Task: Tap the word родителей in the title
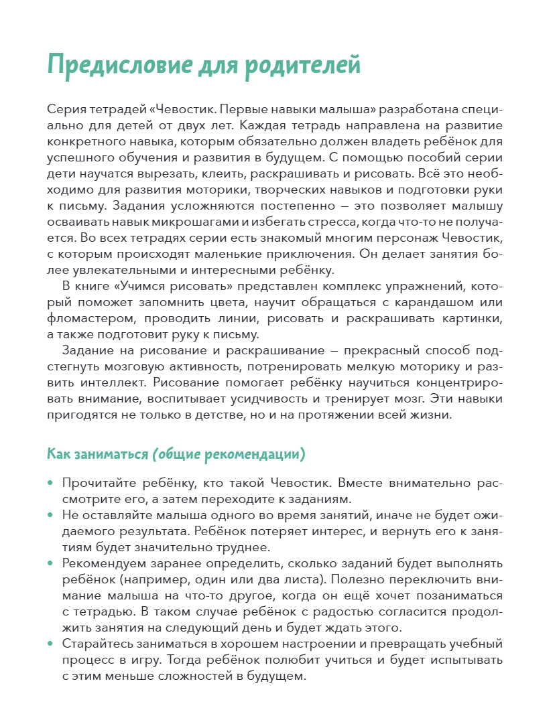pyautogui.click(x=302, y=64)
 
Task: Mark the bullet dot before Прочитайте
pyautogui.click(x=50, y=484)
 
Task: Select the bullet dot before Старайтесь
pyautogui.click(x=50, y=644)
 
